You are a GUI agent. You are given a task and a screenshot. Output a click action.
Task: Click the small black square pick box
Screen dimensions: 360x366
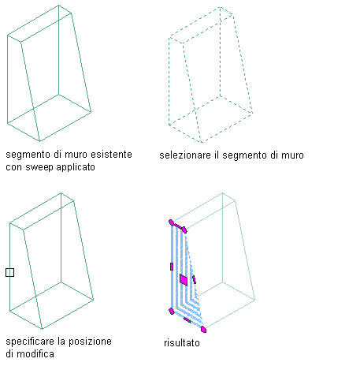point(9,272)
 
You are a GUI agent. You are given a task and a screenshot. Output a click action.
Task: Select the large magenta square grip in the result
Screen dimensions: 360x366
point(184,280)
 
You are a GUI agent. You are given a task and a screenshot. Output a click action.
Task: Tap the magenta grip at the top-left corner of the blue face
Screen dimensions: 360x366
point(171,222)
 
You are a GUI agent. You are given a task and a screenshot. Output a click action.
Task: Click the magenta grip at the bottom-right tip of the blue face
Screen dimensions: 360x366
point(203,329)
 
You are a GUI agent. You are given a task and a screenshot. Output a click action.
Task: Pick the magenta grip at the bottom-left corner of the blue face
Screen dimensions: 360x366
point(172,312)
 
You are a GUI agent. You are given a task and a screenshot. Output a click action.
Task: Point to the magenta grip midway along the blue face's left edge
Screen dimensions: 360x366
point(172,267)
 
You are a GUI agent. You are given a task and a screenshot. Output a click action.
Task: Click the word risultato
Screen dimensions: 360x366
point(182,343)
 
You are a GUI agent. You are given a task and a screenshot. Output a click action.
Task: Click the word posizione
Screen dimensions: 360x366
point(90,342)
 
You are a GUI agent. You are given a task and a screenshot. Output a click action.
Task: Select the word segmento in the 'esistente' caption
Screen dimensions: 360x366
point(28,155)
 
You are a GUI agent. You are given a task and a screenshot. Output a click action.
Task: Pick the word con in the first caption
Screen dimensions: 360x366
point(14,167)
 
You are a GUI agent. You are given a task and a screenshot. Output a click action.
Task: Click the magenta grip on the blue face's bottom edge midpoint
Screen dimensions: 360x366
point(187,320)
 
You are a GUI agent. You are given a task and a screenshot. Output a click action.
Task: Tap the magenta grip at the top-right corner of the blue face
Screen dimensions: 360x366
point(184,230)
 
